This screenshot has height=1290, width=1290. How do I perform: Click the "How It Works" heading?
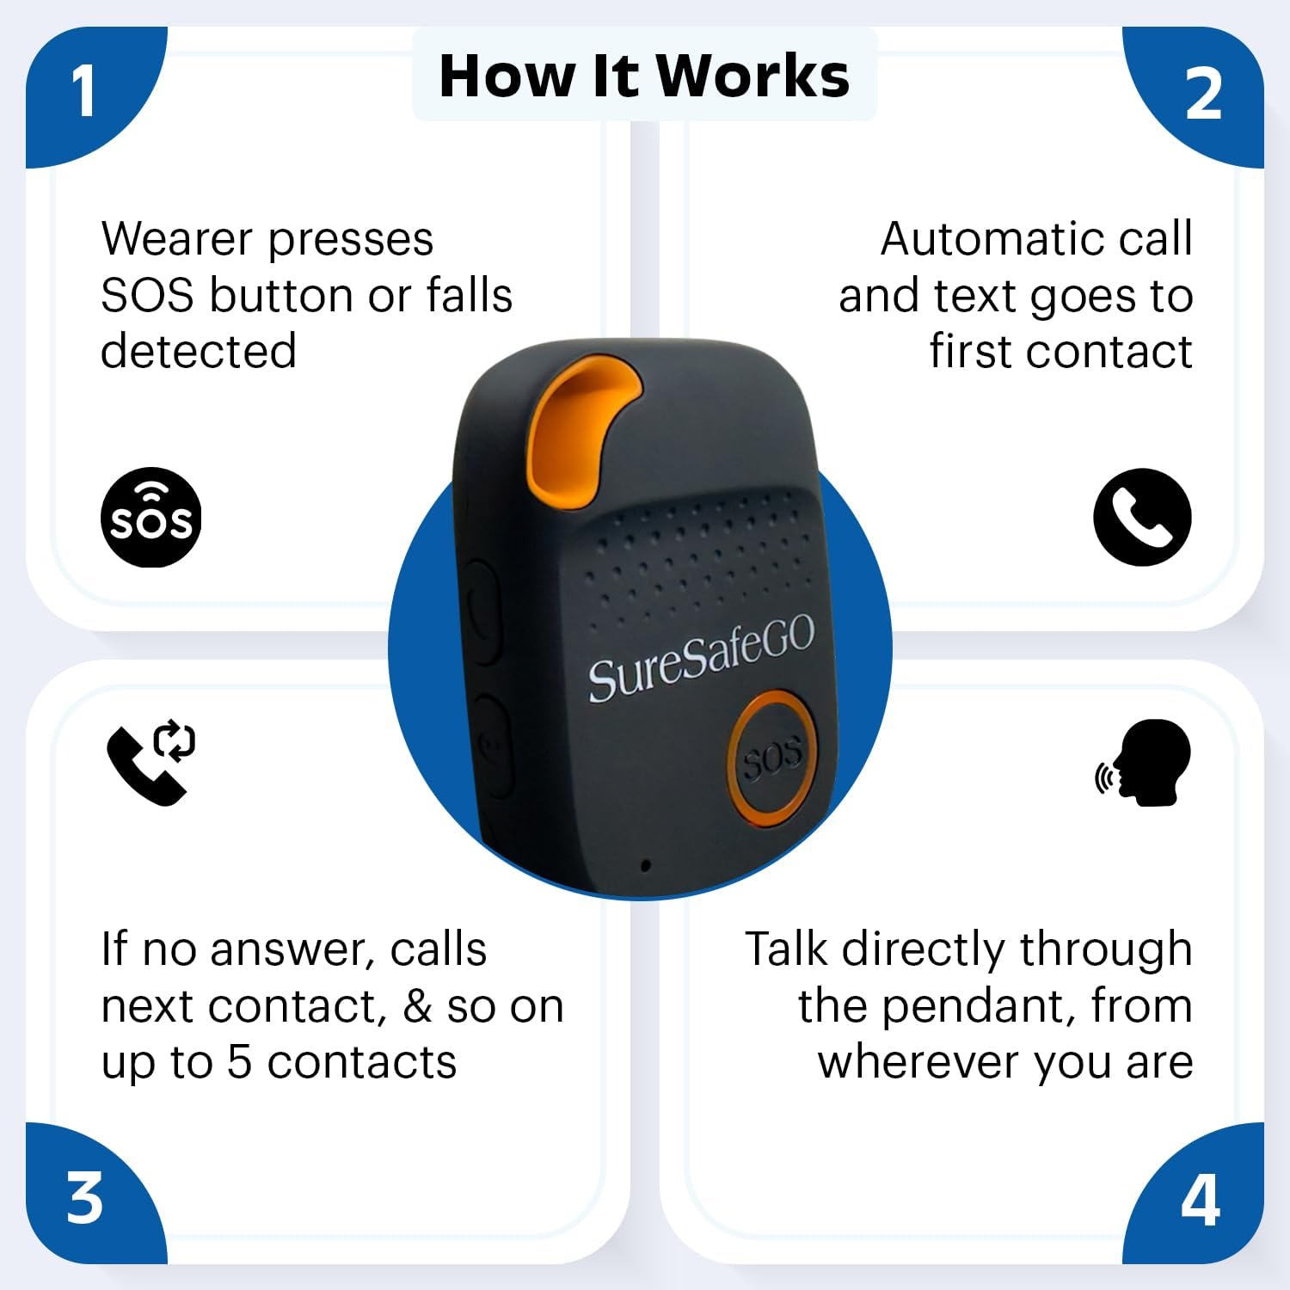coord(644,76)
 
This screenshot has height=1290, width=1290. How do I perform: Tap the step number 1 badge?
coord(84,91)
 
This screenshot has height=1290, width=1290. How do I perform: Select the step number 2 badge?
coord(1202,95)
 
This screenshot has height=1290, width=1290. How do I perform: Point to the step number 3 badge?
coord(84,1198)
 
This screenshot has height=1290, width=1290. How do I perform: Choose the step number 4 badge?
coord(1201,1201)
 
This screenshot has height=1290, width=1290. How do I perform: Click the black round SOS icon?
coord(151,518)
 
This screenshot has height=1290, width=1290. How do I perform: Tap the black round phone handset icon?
coord(1142,517)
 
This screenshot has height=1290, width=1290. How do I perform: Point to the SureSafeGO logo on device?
coord(701,659)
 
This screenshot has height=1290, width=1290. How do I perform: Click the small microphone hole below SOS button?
coord(645,865)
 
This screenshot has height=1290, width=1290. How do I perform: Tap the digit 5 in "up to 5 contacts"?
coord(239,1062)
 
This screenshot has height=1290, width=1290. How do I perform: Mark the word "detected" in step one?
coord(199,352)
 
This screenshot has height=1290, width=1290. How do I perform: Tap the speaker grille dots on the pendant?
coord(697,550)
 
